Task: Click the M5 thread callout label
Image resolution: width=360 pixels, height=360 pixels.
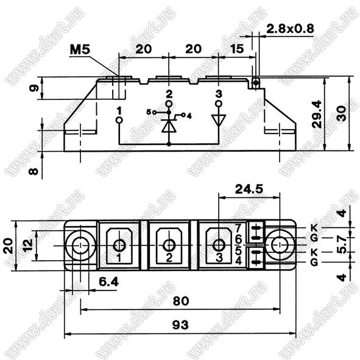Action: coord(80,49)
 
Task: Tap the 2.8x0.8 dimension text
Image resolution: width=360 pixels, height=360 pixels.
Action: coord(290,29)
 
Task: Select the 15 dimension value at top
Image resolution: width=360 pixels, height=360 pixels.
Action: coord(237,49)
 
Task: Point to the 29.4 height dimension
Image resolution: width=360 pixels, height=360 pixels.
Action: coord(317,114)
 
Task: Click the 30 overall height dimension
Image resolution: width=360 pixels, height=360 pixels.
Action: coord(342,113)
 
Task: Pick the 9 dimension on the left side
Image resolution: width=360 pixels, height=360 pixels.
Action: coord(34,88)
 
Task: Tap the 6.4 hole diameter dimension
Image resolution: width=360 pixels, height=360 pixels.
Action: coord(108,281)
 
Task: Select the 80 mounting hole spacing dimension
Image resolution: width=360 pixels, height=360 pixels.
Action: coord(181,301)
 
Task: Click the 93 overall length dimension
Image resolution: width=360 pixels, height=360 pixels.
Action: coord(180,325)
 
